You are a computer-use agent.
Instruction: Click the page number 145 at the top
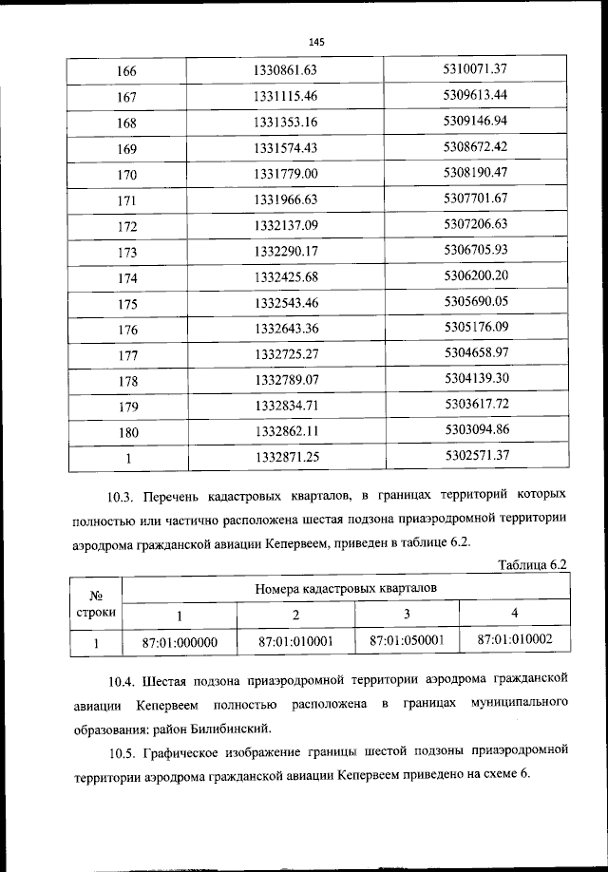click(316, 42)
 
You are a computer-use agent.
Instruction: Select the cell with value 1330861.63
click(285, 70)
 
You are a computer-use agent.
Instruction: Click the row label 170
click(126, 175)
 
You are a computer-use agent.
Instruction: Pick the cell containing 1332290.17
click(285, 252)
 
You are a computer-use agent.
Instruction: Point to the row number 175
click(126, 304)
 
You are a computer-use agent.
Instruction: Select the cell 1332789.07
click(285, 380)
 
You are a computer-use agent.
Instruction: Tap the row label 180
click(126, 432)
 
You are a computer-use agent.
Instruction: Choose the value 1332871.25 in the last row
click(285, 458)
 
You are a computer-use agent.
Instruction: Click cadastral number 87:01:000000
click(180, 642)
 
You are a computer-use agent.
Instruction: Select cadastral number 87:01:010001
click(295, 641)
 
